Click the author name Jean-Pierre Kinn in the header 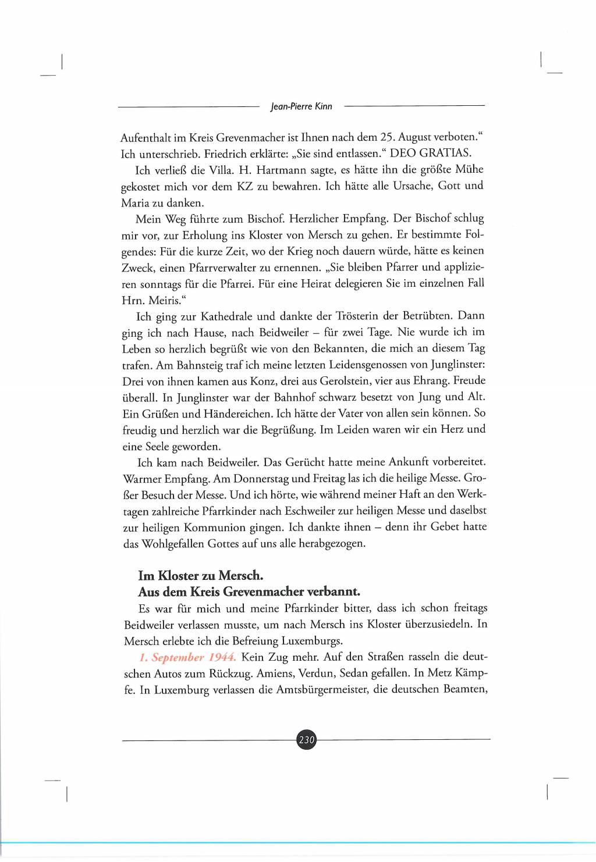click(x=301, y=106)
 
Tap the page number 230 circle click(x=306, y=740)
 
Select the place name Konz click(x=262, y=382)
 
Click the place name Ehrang click(x=429, y=382)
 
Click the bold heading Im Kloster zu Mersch click(x=201, y=576)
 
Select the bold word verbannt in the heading click(x=334, y=592)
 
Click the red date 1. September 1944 click(x=187, y=658)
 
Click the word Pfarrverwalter click(x=224, y=268)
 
